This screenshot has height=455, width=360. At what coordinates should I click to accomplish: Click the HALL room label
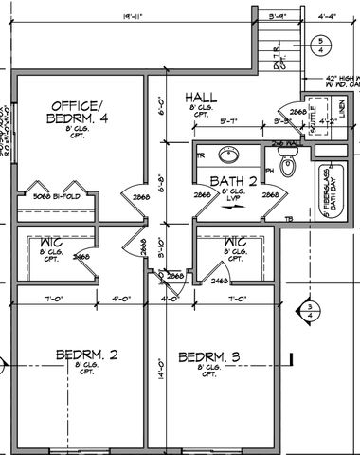pos(202,98)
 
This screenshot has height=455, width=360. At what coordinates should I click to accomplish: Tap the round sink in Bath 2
pos(227,155)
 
